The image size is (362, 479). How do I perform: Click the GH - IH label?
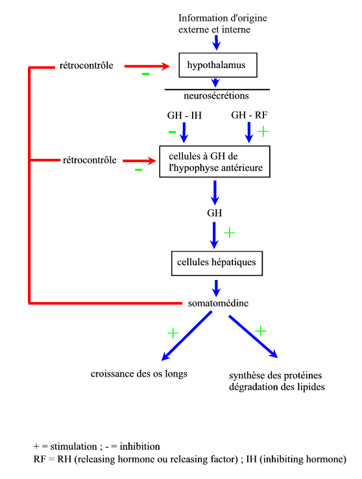click(x=184, y=115)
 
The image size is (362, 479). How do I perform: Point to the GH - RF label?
click(x=249, y=115)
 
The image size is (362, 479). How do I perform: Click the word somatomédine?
click(x=218, y=303)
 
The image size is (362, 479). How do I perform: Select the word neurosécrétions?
click(x=216, y=96)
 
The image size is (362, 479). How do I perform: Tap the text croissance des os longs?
click(x=139, y=374)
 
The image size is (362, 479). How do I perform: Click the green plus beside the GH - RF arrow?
click(x=263, y=132)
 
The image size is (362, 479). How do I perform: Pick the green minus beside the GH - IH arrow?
click(x=172, y=132)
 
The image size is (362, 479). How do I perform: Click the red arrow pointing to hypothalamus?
click(x=147, y=66)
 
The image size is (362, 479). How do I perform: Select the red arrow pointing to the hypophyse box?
click(x=139, y=161)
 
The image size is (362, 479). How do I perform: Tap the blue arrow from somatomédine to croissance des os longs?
click(x=186, y=336)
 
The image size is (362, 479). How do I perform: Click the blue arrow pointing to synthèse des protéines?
click(x=253, y=336)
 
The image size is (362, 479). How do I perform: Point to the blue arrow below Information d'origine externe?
click(x=217, y=43)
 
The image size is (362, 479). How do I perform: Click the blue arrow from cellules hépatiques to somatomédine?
click(x=216, y=288)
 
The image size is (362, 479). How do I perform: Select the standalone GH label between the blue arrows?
click(x=214, y=213)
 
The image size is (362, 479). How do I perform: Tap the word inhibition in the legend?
click(x=139, y=447)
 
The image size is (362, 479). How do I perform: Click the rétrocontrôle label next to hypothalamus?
click(x=86, y=65)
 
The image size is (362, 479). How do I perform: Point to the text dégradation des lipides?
click(x=277, y=387)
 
